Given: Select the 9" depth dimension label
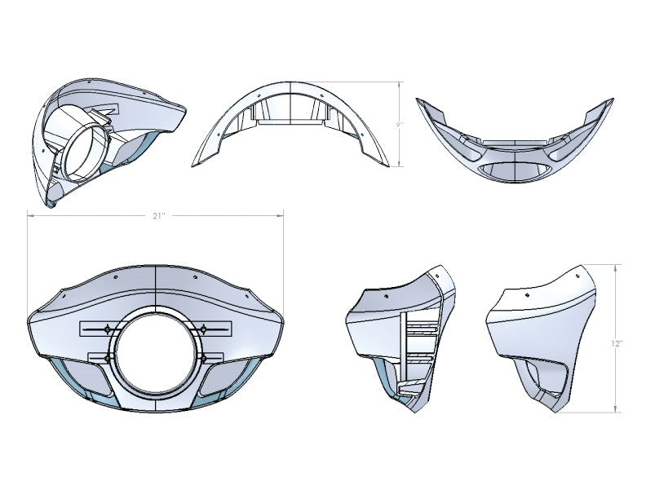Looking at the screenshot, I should [x=399, y=125].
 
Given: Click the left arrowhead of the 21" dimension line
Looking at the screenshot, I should [x=29, y=216].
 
